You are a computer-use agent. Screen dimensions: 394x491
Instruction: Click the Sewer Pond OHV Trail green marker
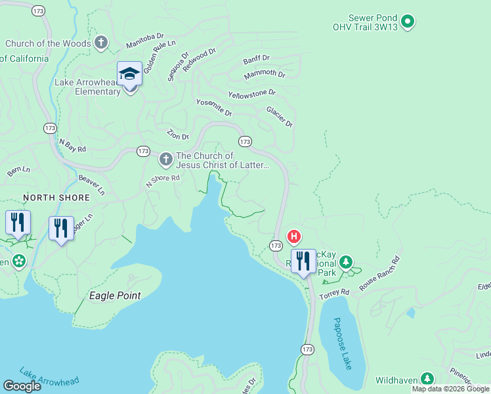click(407, 22)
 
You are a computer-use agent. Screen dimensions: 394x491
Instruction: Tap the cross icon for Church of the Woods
click(100, 43)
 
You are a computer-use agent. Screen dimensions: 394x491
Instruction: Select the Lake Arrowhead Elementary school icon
click(129, 75)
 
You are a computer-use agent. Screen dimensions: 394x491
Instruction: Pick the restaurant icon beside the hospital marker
click(303, 261)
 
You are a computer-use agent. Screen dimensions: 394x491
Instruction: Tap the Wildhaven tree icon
click(427, 379)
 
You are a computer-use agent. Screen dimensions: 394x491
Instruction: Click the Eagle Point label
click(115, 295)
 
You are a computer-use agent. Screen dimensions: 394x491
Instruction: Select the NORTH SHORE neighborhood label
click(47, 197)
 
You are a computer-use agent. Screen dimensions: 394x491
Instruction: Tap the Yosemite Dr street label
click(214, 107)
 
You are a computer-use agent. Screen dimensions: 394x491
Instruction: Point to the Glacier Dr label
click(280, 116)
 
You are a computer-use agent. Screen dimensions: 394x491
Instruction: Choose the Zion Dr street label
click(178, 135)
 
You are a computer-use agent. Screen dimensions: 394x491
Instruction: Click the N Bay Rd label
click(72, 145)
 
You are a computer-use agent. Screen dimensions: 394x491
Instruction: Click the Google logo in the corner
click(22, 386)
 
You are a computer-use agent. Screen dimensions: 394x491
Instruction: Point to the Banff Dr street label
click(256, 60)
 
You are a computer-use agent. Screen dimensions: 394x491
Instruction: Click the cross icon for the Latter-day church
click(166, 160)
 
